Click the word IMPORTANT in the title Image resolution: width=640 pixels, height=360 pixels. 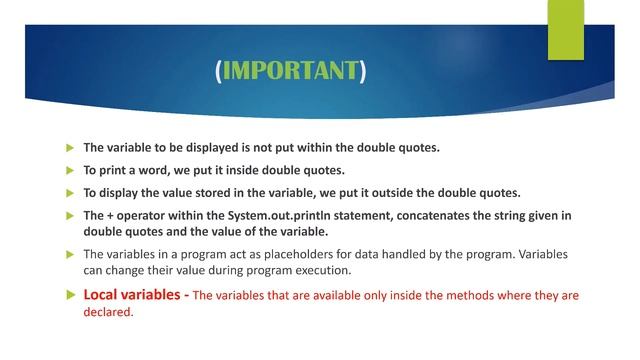pyautogui.click(x=290, y=71)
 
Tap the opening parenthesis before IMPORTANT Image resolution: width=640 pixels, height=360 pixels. pyautogui.click(x=218, y=71)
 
